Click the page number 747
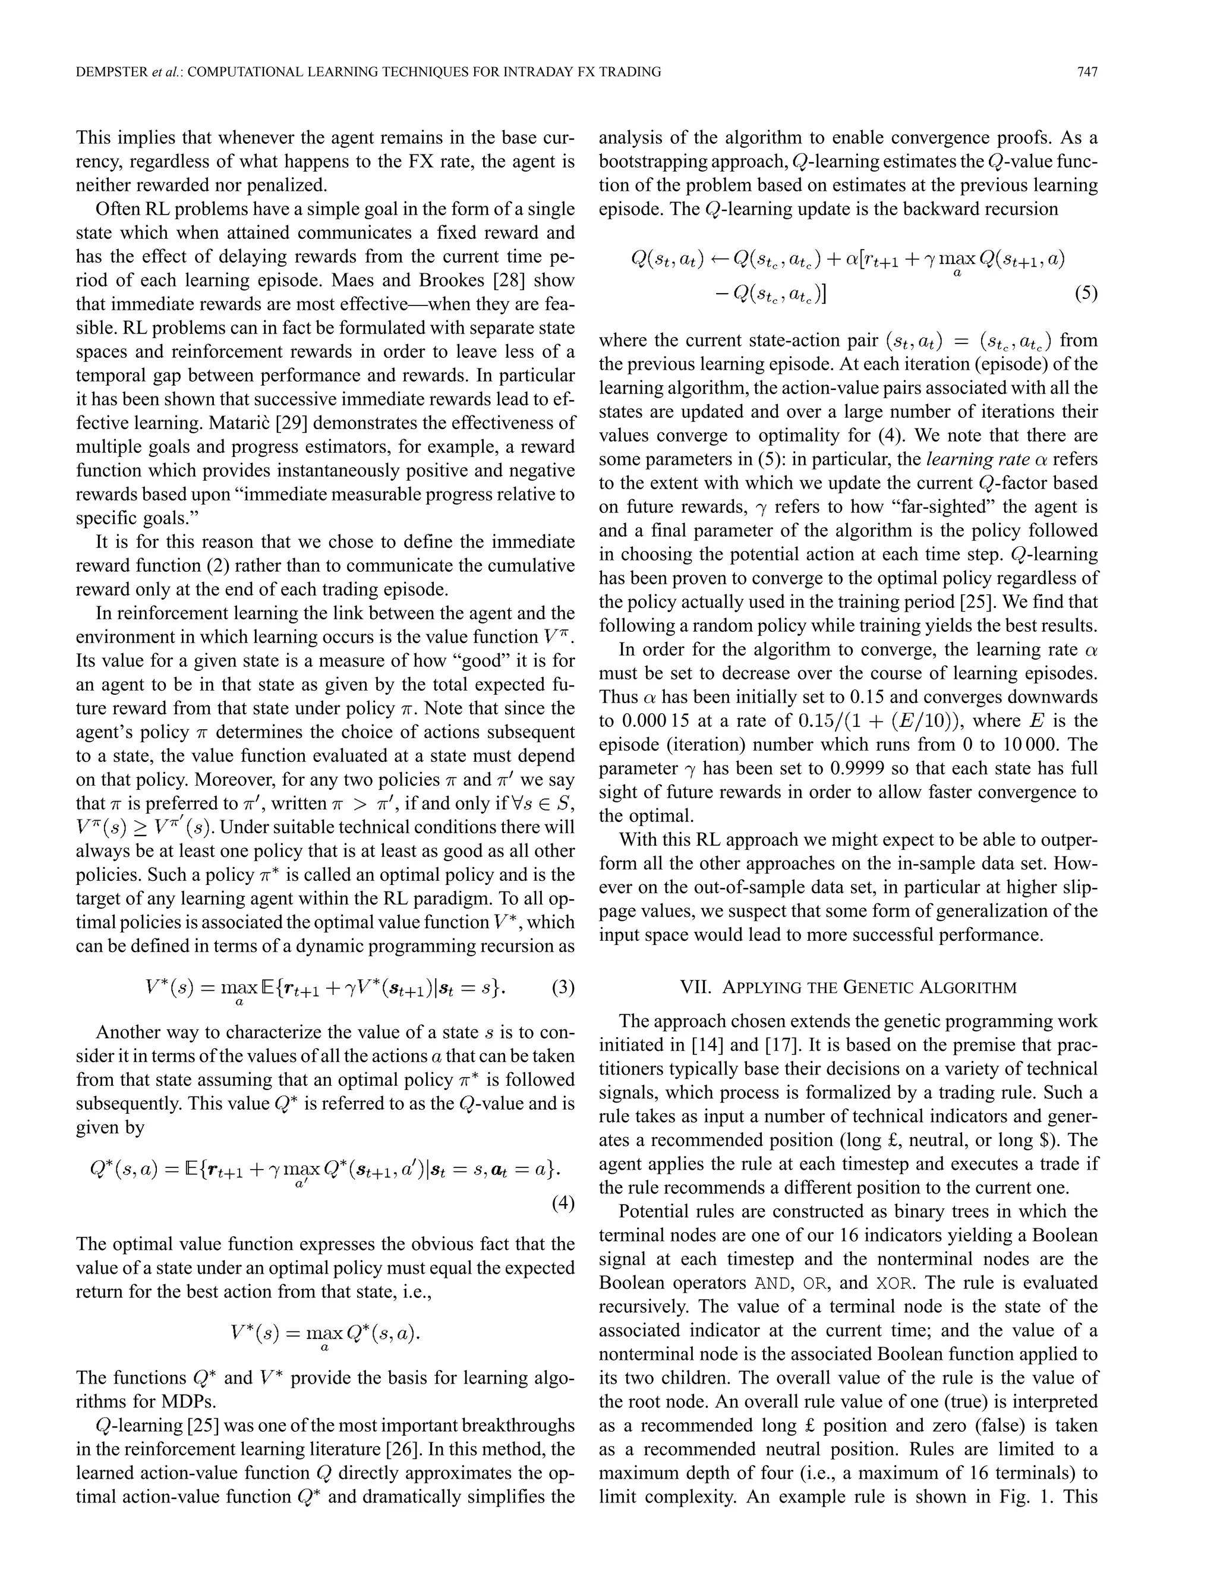click(1086, 71)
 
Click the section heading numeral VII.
click(696, 987)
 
